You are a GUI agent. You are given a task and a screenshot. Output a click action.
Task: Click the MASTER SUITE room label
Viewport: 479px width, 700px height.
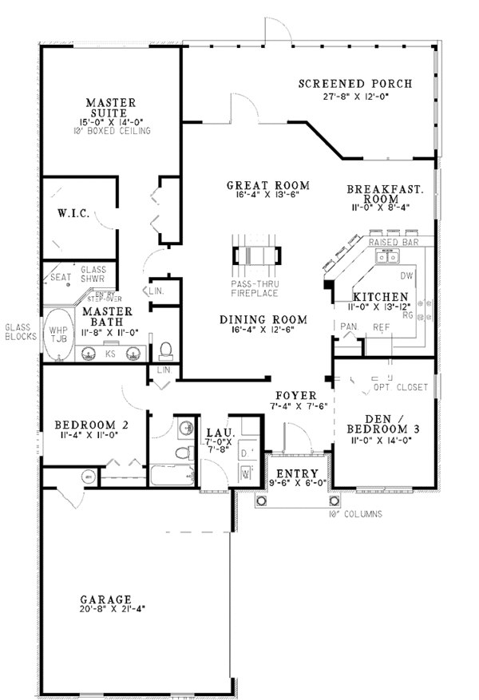tap(112, 109)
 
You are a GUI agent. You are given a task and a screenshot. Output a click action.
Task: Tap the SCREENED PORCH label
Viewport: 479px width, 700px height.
tap(355, 83)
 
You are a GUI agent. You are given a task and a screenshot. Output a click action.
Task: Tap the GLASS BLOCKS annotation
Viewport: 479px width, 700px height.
tap(18, 332)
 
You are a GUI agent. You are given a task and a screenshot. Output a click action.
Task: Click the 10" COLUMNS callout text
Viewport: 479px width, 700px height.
tap(354, 513)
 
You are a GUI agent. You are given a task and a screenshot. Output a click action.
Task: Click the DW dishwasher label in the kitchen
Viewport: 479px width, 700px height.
tap(406, 276)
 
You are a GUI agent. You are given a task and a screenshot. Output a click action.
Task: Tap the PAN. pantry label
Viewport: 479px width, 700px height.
tap(348, 326)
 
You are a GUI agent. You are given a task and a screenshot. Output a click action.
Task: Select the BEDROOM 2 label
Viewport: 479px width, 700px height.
tap(84, 425)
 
